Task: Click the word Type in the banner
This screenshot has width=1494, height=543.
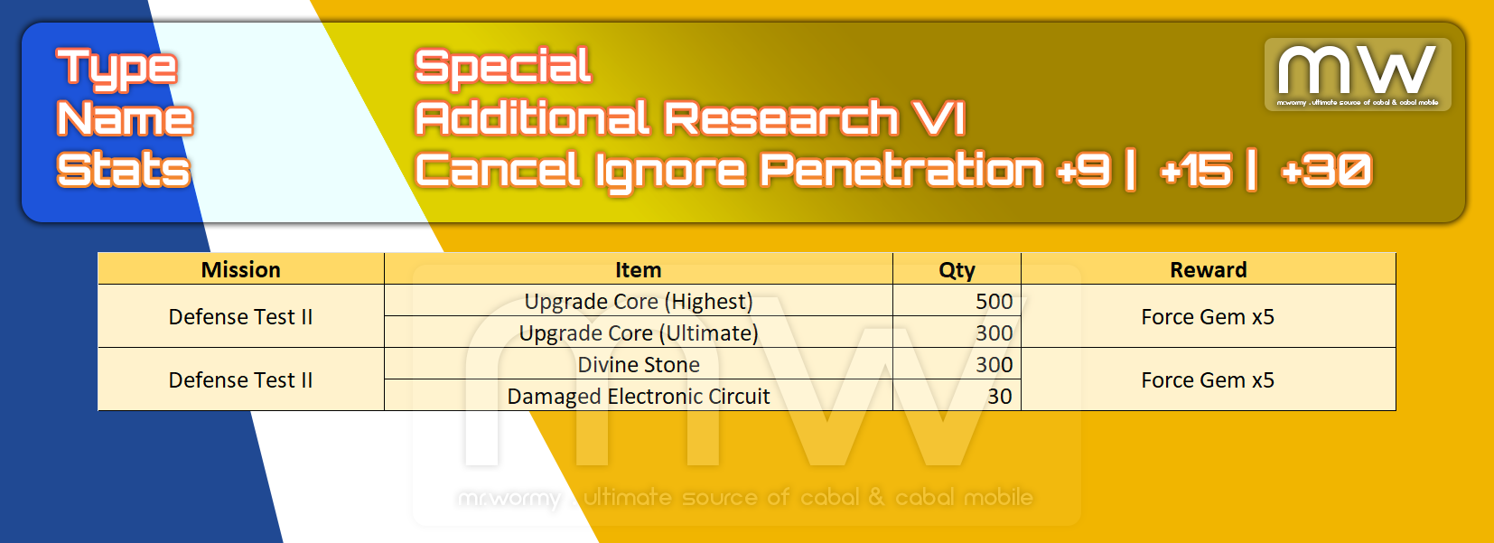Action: tap(117, 69)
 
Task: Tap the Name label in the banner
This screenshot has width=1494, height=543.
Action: tap(125, 118)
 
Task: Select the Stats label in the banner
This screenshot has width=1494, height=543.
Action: tap(124, 170)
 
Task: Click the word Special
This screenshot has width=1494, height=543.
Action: tap(503, 68)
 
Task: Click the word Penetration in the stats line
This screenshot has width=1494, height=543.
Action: tap(901, 170)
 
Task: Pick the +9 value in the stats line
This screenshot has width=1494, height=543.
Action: tap(1084, 170)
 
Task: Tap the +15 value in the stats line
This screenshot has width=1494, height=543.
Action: tap(1197, 170)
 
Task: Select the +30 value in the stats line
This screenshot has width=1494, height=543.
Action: tap(1326, 170)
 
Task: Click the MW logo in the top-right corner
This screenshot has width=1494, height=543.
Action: tap(1358, 74)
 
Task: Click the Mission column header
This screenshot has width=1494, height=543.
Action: tap(241, 269)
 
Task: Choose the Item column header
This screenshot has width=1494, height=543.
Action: tap(639, 269)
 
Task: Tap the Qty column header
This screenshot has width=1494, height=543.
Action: tap(957, 270)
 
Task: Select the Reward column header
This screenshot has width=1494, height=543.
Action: tap(1209, 269)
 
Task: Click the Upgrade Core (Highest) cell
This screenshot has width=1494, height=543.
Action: tap(639, 302)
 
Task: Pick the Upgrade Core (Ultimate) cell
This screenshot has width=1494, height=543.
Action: tap(639, 332)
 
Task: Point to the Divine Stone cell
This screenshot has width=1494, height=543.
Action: tap(639, 365)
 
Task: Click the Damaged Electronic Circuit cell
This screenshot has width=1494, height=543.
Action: tap(639, 397)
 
